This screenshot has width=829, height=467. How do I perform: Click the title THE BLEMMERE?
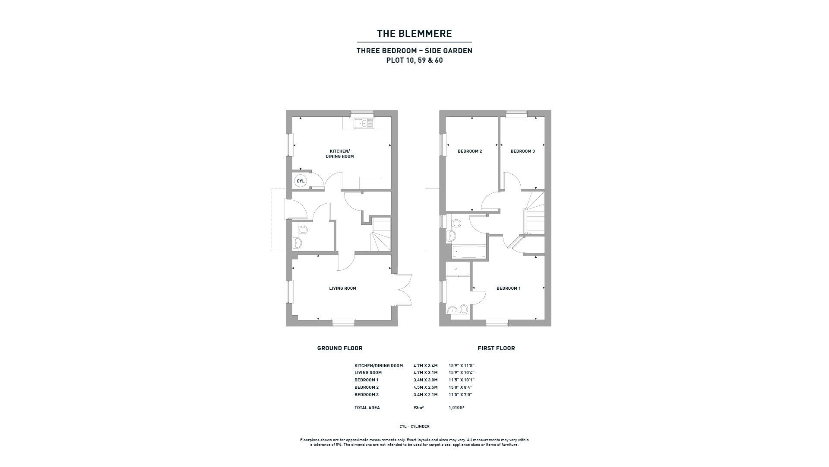click(414, 33)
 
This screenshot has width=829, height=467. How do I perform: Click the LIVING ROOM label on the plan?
click(343, 288)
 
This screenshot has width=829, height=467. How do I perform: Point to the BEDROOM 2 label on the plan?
click(470, 151)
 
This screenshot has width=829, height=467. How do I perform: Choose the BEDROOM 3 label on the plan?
click(523, 151)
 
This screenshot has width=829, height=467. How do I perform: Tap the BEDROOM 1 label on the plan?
click(509, 288)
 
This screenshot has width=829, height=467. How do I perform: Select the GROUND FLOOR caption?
click(340, 348)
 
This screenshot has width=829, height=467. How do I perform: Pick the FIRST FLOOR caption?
click(496, 348)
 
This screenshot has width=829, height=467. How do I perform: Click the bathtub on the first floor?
click(469, 251)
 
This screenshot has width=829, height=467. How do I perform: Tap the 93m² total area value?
click(418, 408)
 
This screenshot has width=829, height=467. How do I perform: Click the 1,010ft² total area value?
click(456, 408)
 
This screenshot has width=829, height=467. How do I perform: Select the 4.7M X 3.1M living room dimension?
click(425, 373)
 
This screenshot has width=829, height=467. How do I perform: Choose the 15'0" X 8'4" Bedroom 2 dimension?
click(460, 387)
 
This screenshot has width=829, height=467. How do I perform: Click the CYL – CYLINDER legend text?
click(414, 427)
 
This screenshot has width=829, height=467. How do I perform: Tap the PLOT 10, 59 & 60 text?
click(414, 61)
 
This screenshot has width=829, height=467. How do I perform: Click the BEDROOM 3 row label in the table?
click(367, 395)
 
